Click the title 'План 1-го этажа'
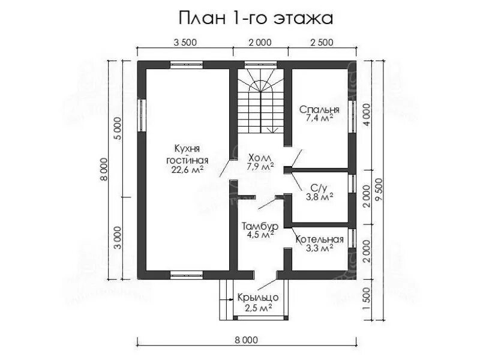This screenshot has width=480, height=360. click(256, 19)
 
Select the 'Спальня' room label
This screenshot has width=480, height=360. click(319, 110)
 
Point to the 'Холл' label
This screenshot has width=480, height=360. click(260, 158)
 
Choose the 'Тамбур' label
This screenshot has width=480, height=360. click(260, 227)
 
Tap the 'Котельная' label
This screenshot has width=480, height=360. click(320, 239)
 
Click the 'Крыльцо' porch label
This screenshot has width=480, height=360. click(258, 297)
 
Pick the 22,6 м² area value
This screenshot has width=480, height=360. click(187, 170)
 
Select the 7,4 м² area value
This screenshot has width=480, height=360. click(319, 118)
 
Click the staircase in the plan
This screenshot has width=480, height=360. click(261, 101)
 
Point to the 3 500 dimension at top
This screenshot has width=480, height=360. click(185, 42)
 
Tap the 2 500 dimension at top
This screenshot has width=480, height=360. click(322, 42)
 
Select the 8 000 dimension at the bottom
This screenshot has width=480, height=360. click(247, 340)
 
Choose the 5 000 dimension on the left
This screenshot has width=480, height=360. click(118, 128)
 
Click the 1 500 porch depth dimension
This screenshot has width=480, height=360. click(367, 299)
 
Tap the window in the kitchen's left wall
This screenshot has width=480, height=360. click(142, 115)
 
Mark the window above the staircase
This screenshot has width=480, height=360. click(260, 65)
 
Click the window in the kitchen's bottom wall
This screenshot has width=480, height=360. click(187, 275)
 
